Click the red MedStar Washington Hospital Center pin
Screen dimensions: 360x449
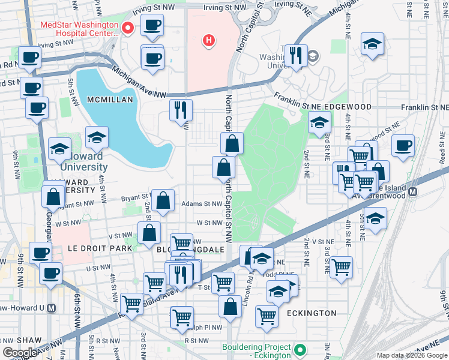point(127,28)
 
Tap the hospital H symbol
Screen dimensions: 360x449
point(208,41)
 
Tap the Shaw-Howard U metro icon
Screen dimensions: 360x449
point(51,308)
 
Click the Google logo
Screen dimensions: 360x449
point(19,353)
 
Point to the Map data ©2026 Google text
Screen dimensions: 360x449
point(412,356)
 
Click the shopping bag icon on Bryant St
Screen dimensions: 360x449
point(163,200)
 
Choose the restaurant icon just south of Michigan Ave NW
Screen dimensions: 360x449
point(181,110)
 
